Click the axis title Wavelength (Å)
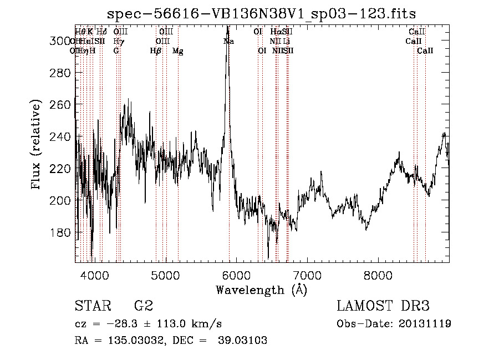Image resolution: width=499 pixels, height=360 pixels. [x=261, y=290]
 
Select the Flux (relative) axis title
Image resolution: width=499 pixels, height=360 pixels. [x=37, y=145]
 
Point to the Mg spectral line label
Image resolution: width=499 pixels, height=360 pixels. [x=178, y=51]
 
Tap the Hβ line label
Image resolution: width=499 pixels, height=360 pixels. [x=156, y=51]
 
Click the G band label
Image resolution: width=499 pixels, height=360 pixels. [x=116, y=51]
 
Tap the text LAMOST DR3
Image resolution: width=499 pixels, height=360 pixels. [x=383, y=306]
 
